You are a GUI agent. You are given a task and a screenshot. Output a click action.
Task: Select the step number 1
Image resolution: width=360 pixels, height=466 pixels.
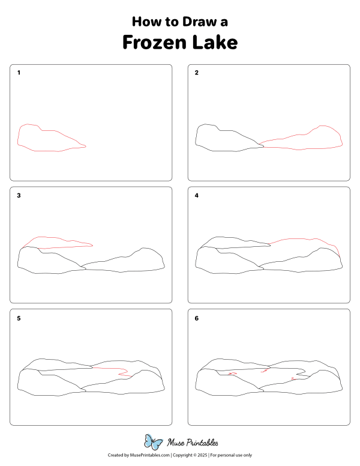coord(19,73)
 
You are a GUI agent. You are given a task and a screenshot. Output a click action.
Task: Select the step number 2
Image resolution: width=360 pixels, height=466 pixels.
coord(197,73)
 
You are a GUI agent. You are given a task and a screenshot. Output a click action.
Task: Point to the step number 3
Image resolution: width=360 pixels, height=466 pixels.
coord(19,196)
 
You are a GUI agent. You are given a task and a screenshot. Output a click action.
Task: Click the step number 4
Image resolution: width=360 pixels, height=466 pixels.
coord(197,196)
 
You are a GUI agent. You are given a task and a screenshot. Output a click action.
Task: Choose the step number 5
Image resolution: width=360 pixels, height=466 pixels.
coord(19,318)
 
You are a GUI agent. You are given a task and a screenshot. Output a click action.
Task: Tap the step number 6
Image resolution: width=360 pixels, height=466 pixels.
coord(197,318)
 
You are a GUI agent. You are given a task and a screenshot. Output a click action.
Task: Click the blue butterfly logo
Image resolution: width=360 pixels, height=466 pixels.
coord(154,443)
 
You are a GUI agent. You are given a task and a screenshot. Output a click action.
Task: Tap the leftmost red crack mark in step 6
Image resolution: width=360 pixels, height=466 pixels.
coord(233,374)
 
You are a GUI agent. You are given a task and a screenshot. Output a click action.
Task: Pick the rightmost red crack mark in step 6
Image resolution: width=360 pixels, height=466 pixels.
coord(292,378)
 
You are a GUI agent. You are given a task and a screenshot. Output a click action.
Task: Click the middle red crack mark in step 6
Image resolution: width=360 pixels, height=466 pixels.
coord(263,373)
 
